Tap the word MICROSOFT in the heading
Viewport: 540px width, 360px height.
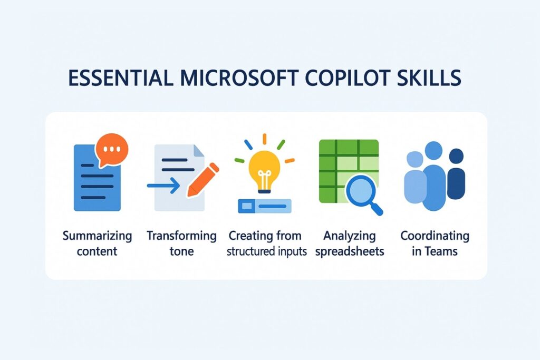coord(233,77)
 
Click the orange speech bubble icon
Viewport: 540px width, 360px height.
coord(111,149)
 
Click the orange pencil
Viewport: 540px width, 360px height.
coord(203,179)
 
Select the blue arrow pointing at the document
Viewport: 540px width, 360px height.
coord(162,186)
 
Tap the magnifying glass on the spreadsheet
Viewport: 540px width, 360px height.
coord(362,193)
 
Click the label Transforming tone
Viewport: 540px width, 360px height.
coord(181,243)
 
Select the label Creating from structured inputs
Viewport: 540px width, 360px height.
coord(267,243)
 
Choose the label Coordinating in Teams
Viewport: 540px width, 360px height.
coord(435,243)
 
